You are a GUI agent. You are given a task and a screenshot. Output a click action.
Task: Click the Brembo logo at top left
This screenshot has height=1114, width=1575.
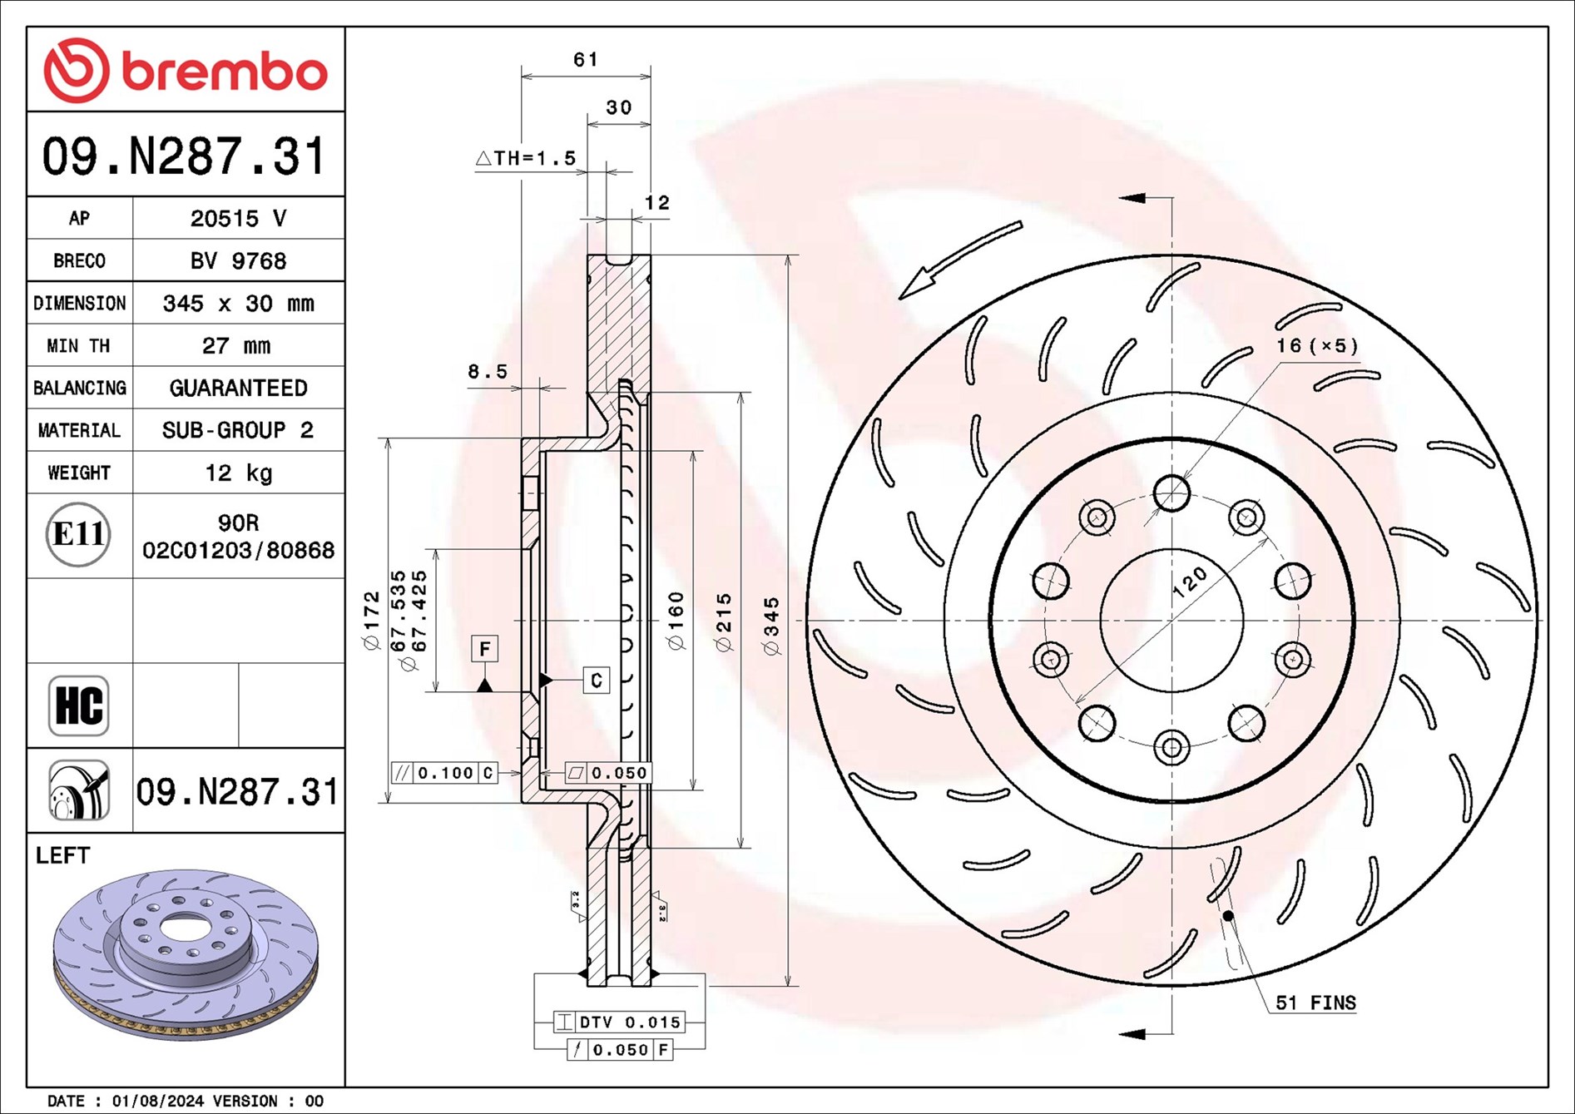(x=185, y=70)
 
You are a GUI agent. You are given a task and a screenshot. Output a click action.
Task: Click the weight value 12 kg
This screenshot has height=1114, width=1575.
(x=239, y=473)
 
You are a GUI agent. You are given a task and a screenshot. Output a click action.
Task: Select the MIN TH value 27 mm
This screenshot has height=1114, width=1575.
(x=237, y=346)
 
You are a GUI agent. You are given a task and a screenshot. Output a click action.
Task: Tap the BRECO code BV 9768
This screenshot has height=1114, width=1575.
(x=238, y=261)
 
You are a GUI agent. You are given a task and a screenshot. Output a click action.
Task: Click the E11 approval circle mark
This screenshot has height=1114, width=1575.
(x=78, y=534)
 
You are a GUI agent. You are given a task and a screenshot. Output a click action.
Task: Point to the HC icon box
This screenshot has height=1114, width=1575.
(x=79, y=706)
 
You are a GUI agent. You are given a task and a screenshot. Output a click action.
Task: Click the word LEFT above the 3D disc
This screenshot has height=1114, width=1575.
(x=62, y=855)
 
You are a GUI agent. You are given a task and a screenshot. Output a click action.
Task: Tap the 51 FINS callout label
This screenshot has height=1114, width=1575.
(x=1315, y=1003)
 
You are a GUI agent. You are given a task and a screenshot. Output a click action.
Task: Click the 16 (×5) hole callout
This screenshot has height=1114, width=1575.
(x=1317, y=345)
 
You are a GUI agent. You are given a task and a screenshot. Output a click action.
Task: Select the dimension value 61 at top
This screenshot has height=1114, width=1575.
(x=586, y=60)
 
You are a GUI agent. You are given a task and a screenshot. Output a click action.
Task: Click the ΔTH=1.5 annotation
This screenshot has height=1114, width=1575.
(x=526, y=158)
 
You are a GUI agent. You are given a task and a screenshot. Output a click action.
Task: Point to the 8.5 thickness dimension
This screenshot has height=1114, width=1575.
(x=488, y=372)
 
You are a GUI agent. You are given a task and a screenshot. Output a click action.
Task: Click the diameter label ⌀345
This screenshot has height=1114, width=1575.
(x=772, y=626)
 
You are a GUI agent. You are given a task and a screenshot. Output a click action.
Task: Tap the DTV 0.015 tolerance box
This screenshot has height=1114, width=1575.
(x=620, y=1022)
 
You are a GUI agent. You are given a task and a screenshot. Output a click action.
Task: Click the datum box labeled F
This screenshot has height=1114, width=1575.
(x=484, y=648)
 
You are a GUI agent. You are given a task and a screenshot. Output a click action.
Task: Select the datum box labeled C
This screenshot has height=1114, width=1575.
(x=596, y=681)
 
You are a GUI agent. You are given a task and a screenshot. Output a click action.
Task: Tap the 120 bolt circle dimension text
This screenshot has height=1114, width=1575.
(x=1190, y=582)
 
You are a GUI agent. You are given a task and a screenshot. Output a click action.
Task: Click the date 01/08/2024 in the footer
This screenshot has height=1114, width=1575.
(x=157, y=1101)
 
